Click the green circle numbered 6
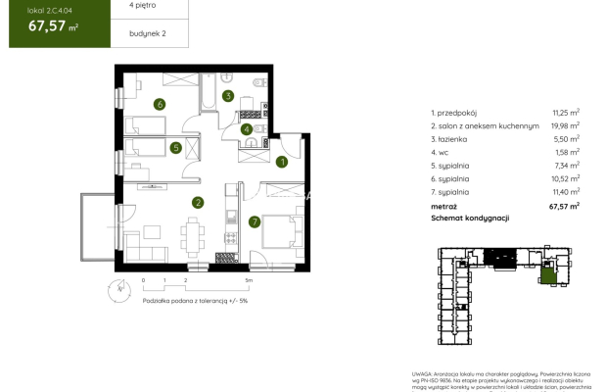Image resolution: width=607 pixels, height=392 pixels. pos(159,104)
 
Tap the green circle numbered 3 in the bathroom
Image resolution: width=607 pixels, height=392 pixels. pos(227,96)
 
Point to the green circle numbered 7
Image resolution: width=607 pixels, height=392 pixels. pos(255,221)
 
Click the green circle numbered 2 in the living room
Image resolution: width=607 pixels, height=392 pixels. pos(198,203)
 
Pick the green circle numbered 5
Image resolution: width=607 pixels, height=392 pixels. pos(175,148)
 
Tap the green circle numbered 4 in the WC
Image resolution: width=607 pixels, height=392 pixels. pos(247,127)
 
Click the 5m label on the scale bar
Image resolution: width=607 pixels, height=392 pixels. pos(250,281)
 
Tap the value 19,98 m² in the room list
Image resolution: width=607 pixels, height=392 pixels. pos(566,124)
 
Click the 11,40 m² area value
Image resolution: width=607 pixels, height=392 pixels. pos(566,193)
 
